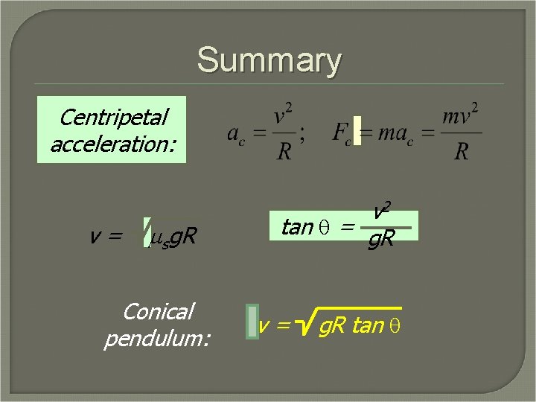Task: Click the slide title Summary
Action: pyautogui.click(x=269, y=60)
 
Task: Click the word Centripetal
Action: pyautogui.click(x=113, y=117)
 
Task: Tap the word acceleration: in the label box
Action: pyautogui.click(x=113, y=143)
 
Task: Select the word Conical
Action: pyautogui.click(x=158, y=311)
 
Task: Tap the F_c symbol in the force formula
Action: pyautogui.click(x=342, y=134)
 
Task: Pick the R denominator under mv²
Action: pyautogui.click(x=462, y=151)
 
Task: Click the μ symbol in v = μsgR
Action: pyautogui.click(x=156, y=237)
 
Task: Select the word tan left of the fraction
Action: pyautogui.click(x=297, y=227)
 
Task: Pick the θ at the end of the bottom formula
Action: pyautogui.click(x=395, y=327)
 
